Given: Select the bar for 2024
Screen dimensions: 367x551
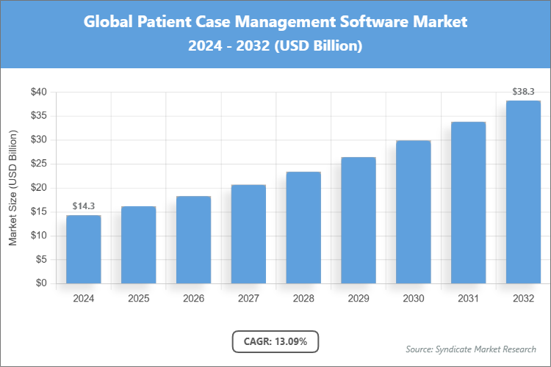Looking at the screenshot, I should click(x=83, y=249).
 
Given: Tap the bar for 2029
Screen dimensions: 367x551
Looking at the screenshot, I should click(x=359, y=220).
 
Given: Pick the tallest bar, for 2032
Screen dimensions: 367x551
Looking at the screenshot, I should click(x=523, y=192).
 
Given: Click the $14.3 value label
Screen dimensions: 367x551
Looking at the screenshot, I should click(x=84, y=206).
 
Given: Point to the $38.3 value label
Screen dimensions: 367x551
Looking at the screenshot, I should click(x=524, y=92).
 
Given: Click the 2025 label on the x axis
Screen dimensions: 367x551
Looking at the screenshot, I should click(x=138, y=299).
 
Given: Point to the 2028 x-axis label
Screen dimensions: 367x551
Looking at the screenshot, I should click(x=303, y=299).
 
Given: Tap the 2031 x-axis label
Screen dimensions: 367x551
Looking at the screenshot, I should click(x=468, y=299).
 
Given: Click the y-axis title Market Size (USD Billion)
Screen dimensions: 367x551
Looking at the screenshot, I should click(x=12, y=188).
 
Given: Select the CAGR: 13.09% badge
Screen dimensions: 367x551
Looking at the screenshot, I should click(x=275, y=341).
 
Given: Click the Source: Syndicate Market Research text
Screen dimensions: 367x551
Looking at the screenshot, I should click(x=470, y=349).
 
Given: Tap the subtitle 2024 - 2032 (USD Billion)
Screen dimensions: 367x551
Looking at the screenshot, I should click(x=275, y=46).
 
